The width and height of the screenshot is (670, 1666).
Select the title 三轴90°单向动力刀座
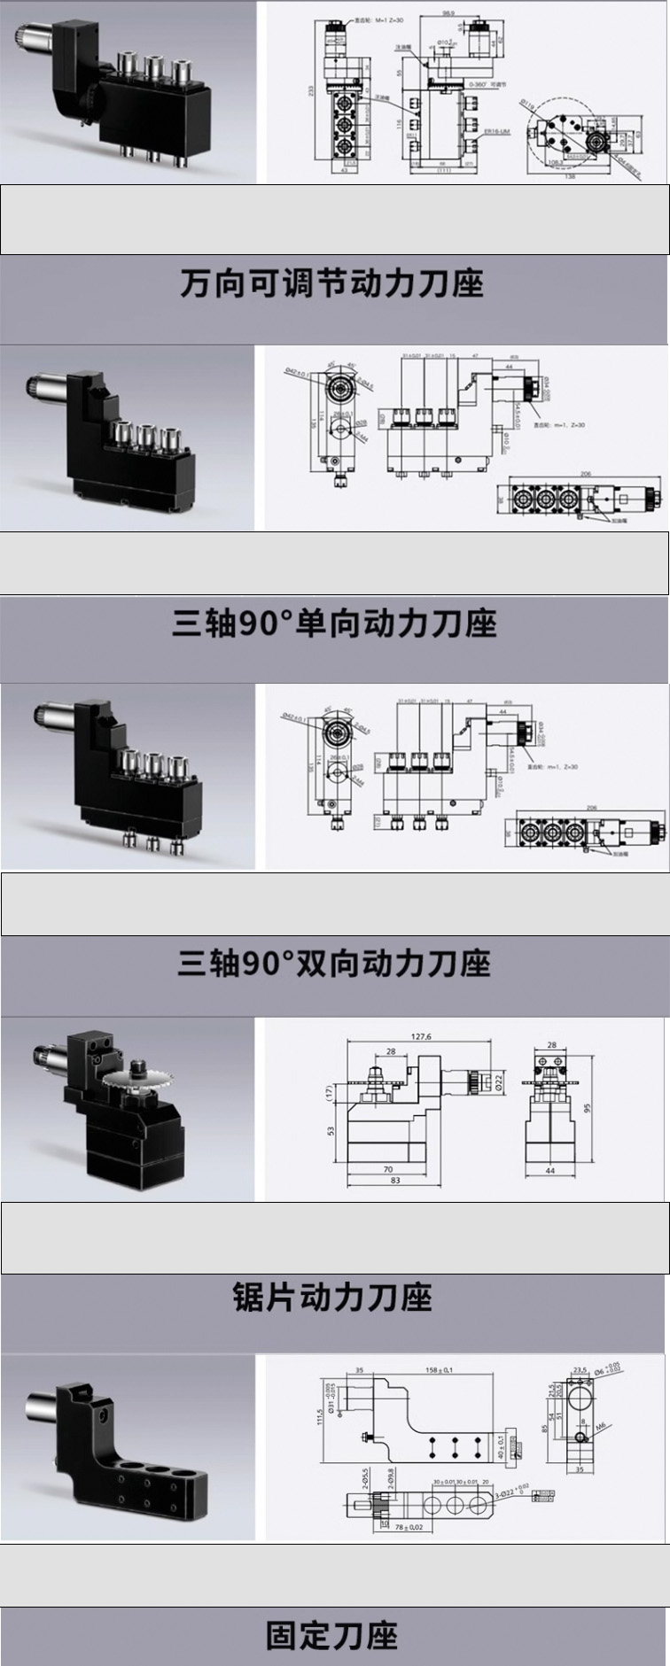333,624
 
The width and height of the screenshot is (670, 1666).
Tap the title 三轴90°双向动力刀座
333,963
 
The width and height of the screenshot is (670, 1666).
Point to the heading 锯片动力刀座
332,1297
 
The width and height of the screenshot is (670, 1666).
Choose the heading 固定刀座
332,1635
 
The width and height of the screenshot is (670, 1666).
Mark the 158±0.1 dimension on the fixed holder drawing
437,1370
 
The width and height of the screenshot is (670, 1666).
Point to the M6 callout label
601,1427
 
